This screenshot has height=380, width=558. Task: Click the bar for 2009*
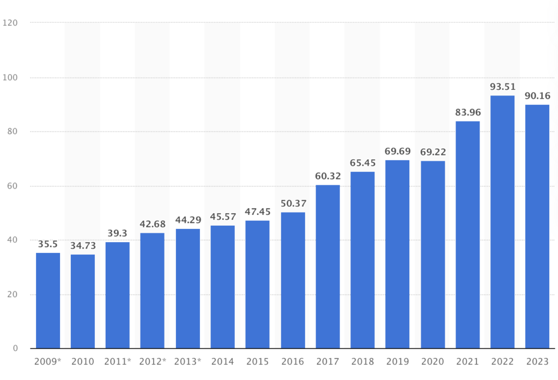click(48, 300)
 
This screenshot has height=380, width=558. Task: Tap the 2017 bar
click(327, 267)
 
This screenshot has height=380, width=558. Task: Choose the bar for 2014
click(222, 287)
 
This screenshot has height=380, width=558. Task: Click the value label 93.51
click(502, 87)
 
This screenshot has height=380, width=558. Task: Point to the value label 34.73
click(83, 246)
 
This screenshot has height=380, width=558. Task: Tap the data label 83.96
click(468, 112)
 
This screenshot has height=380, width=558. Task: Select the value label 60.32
click(327, 176)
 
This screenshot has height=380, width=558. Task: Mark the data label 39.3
click(118, 233)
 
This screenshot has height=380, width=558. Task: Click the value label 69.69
click(398, 151)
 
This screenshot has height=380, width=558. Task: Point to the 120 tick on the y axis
click(10, 23)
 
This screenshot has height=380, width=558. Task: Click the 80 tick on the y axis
click(13, 132)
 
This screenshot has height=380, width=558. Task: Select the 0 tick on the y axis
click(15, 348)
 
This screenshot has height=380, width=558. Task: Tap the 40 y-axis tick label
click(13, 240)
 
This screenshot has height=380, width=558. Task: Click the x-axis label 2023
click(537, 361)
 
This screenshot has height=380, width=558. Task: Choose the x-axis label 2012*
click(153, 361)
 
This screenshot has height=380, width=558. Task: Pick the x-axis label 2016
click(293, 361)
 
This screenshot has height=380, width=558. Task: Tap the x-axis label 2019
click(398, 361)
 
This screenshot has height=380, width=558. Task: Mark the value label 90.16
click(537, 96)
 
